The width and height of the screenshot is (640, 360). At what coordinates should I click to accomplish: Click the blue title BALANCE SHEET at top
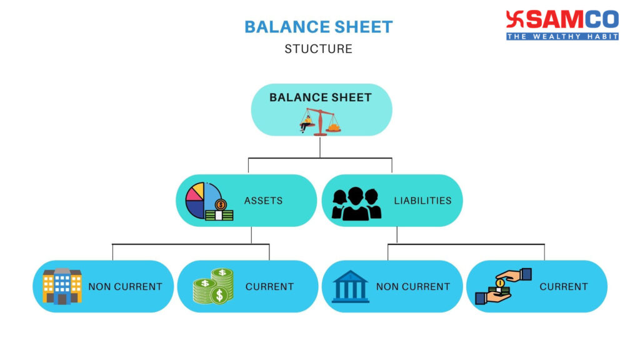click(x=318, y=27)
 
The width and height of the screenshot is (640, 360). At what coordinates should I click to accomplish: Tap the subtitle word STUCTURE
click(x=318, y=49)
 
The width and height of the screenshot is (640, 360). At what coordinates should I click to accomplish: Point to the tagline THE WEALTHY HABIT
click(x=562, y=36)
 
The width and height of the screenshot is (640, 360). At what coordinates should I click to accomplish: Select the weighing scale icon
click(x=321, y=121)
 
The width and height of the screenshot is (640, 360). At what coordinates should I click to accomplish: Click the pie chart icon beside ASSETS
click(x=209, y=201)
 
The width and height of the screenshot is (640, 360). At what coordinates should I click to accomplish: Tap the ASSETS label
click(x=263, y=201)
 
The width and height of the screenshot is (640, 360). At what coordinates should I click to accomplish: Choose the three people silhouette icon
click(x=356, y=204)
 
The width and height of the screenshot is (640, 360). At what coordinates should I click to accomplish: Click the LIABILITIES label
click(x=422, y=201)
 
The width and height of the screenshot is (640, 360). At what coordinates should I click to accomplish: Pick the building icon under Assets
click(x=62, y=286)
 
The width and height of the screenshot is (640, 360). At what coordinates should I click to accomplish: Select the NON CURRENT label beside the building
click(x=125, y=287)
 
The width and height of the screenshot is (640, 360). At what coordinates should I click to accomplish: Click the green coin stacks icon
click(x=213, y=286)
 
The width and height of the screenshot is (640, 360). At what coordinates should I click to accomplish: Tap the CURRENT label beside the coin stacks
click(x=269, y=287)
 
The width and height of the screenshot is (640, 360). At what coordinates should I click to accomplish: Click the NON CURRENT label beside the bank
click(x=413, y=287)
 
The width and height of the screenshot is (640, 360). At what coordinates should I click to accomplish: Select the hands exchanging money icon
click(x=503, y=286)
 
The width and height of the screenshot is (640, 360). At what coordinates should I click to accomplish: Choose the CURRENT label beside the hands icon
click(x=564, y=287)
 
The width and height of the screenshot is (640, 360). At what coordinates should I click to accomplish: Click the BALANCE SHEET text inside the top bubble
click(x=321, y=97)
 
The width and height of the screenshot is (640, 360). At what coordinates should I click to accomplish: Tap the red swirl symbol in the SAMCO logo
click(x=515, y=19)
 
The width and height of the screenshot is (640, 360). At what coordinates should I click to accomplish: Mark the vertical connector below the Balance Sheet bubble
click(x=320, y=147)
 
